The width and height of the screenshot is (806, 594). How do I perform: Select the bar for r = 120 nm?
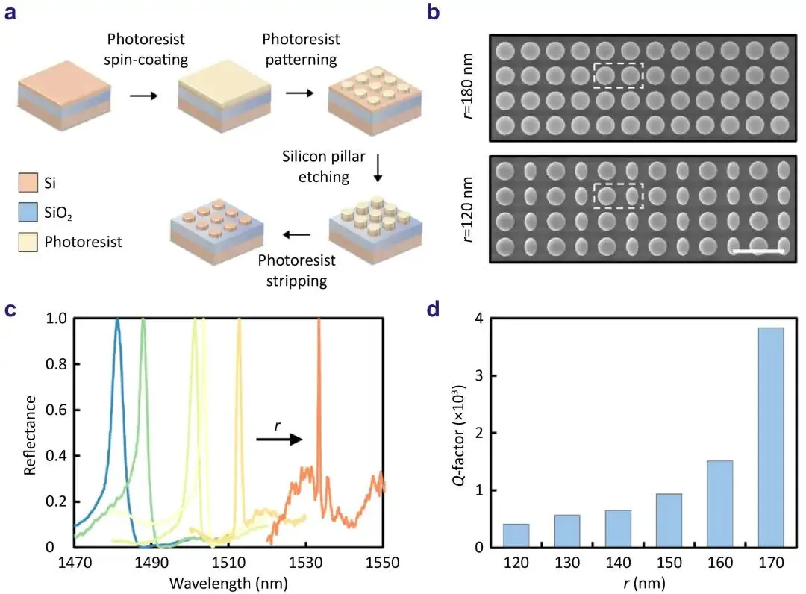(516, 535)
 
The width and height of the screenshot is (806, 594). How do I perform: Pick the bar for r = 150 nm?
(669, 520)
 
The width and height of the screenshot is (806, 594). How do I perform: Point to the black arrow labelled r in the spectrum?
(279, 440)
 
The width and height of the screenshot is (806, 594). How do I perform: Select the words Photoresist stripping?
(296, 271)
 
